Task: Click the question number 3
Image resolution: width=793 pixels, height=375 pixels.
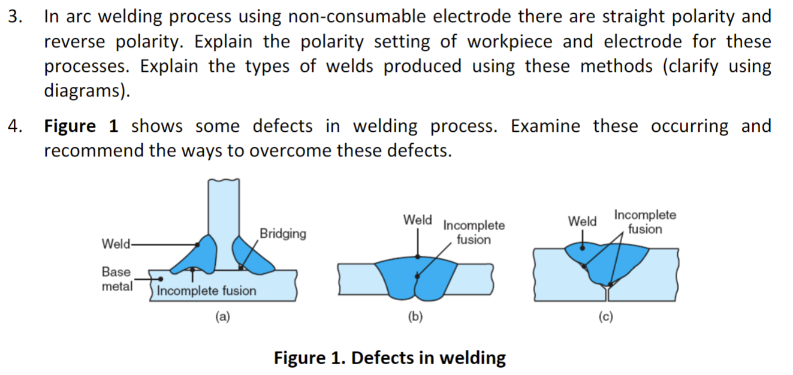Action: click(x=15, y=17)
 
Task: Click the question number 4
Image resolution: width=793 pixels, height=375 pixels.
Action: click(x=15, y=126)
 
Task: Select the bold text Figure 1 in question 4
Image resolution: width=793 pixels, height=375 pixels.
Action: click(x=81, y=126)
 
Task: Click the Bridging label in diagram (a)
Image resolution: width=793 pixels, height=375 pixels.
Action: click(x=282, y=233)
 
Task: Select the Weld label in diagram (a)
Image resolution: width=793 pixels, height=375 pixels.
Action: click(x=114, y=244)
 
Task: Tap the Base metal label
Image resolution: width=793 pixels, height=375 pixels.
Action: click(x=117, y=279)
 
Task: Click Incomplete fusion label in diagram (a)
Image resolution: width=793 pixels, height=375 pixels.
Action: click(x=206, y=291)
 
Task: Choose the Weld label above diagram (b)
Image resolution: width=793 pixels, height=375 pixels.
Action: click(x=417, y=220)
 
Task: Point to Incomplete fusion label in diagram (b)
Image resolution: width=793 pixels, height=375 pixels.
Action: click(x=474, y=232)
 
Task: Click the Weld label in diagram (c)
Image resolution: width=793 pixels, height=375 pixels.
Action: click(x=582, y=221)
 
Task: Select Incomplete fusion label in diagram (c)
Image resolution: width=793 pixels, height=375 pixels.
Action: click(x=645, y=222)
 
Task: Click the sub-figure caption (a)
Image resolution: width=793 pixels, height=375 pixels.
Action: click(x=222, y=317)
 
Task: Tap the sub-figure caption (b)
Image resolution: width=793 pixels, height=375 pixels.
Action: click(x=415, y=317)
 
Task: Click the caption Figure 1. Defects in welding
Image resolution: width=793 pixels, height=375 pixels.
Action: click(x=390, y=358)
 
